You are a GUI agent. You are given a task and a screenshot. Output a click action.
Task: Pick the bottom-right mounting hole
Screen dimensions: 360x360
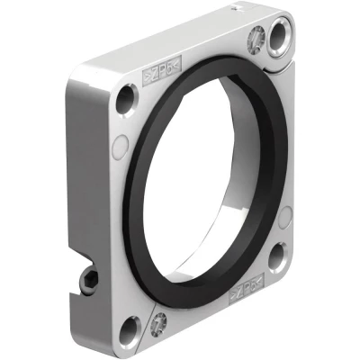coord(279,256)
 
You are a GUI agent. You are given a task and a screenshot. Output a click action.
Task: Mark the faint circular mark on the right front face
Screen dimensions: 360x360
coord(285,217)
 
